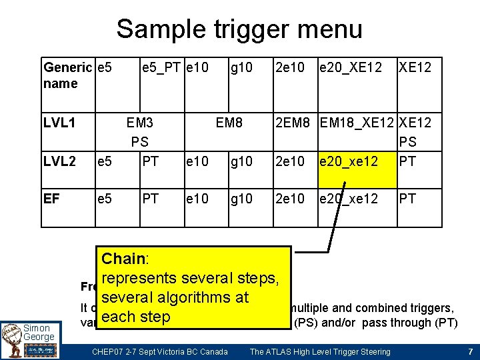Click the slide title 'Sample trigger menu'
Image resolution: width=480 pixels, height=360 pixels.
coord(239,29)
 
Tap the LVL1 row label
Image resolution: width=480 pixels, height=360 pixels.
coord(60,123)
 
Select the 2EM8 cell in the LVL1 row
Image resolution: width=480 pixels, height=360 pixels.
coord(295,123)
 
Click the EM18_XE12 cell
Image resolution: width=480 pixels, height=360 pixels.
coord(357,123)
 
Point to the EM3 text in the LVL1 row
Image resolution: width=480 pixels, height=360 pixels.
coord(140,123)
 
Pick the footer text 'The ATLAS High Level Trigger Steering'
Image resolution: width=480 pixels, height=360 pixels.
coord(320,351)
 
